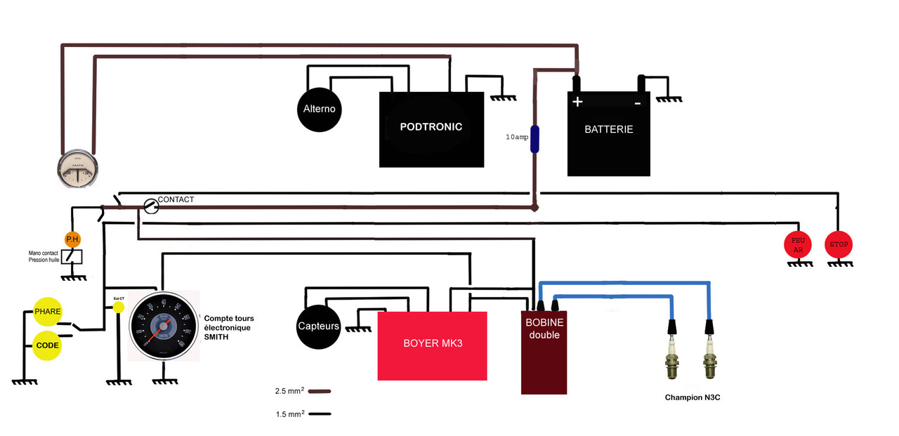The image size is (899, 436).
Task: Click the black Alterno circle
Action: [320, 110]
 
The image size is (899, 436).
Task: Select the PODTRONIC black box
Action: [431, 129]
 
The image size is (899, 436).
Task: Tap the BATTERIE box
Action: [609, 133]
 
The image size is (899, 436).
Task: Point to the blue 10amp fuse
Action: [534, 139]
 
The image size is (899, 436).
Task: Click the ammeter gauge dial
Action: [77, 171]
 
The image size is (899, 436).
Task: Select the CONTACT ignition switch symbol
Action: [150, 206]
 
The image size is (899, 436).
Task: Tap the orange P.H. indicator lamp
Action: [72, 239]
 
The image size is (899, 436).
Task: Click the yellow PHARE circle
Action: [48, 311]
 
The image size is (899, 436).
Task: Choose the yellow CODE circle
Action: [48, 345]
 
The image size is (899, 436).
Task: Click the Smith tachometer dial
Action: [164, 326]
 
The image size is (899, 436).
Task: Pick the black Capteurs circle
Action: [319, 326]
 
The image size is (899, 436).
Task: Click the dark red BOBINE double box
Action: [544, 351]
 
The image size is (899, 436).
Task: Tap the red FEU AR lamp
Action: [797, 244]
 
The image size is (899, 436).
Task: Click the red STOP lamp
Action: [839, 244]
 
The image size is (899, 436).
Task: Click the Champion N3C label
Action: [693, 397]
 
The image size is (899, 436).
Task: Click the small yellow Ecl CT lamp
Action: [119, 307]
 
